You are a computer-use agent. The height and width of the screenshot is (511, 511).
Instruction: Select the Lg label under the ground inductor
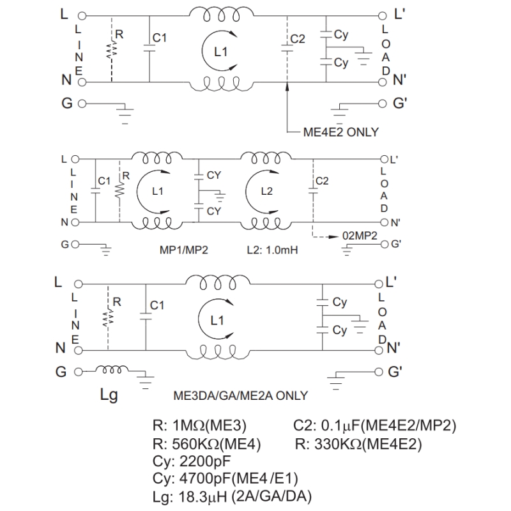tap(109, 395)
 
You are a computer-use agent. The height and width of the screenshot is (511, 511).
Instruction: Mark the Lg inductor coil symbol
tap(112, 369)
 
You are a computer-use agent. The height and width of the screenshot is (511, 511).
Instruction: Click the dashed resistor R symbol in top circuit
tap(111, 49)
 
